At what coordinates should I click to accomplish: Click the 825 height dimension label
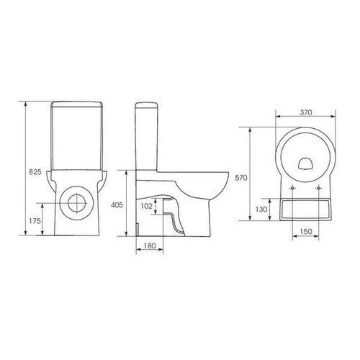pos(35,172)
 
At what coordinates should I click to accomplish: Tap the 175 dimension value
pos(35,221)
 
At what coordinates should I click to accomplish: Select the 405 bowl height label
pos(117,204)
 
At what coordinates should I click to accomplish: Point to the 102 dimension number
pos(147,206)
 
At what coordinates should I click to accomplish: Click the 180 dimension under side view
pos(150,246)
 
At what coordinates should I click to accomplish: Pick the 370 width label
pos(306,112)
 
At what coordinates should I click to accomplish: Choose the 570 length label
pos(241,178)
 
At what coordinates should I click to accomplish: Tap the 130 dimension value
pos(261,210)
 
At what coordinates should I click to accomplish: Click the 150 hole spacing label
pos(306,231)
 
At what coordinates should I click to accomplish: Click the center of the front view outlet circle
pos(77,203)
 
